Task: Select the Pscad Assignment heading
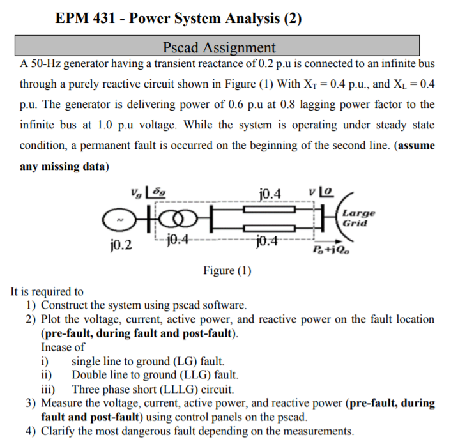pyautogui.click(x=219, y=47)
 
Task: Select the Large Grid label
pyautogui.click(x=358, y=218)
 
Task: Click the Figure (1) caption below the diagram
pyautogui.click(x=227, y=270)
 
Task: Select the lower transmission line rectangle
pyautogui.click(x=269, y=228)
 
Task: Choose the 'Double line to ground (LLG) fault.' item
pyautogui.click(x=155, y=374)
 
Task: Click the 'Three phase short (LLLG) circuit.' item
pyautogui.click(x=153, y=388)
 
